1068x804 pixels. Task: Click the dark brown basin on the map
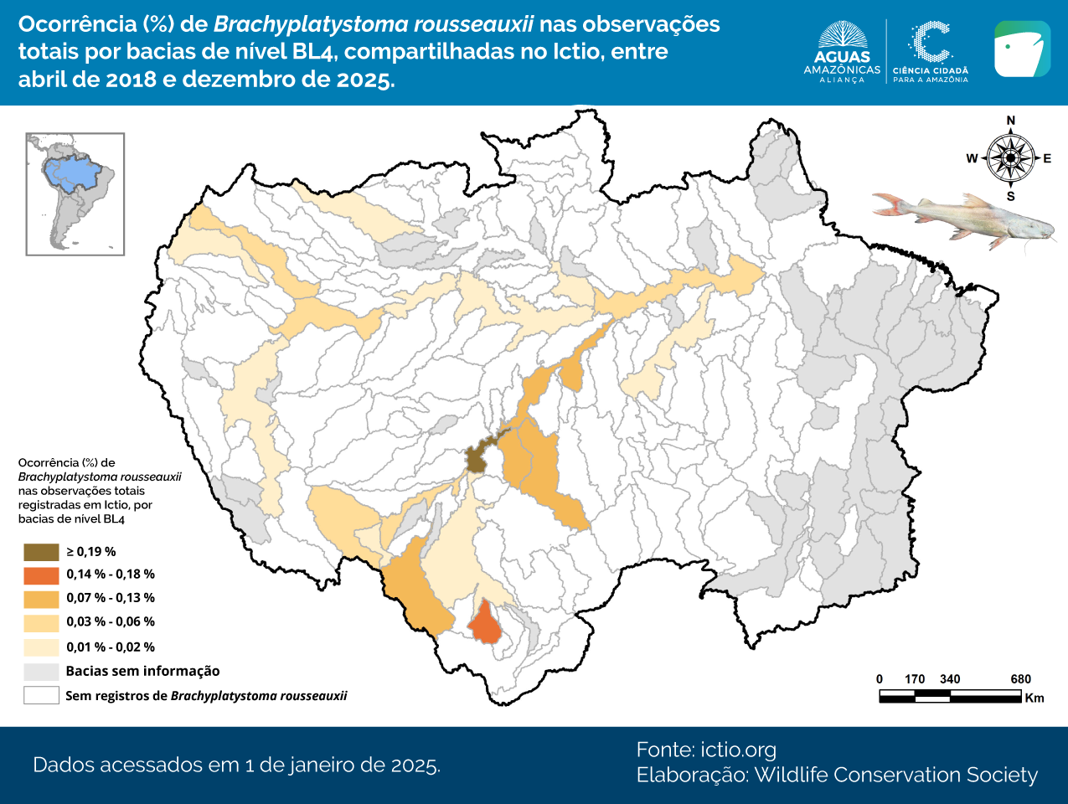pos(477,457)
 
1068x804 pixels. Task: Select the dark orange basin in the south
pos(484,625)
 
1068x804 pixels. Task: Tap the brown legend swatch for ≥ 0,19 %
pos(41,552)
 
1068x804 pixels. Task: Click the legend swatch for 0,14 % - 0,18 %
pos(41,575)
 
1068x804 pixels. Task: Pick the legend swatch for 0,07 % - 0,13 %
pos(41,599)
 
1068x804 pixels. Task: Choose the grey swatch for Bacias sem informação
pos(41,672)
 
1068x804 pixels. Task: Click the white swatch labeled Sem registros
pos(41,696)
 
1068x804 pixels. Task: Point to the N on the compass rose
pos(1010,121)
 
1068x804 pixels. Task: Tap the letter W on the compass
pos(972,158)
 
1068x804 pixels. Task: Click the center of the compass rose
pos(1011,158)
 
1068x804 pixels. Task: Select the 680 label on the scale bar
pos(1020,679)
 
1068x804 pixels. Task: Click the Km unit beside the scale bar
pos(1034,698)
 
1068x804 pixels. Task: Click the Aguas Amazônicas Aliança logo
pos(842,52)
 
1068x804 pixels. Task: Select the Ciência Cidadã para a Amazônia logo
pos(930,52)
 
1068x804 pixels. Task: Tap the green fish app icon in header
pos(1022,49)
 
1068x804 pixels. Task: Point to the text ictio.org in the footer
pos(738,750)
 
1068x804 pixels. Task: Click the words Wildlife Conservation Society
pos(895,776)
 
